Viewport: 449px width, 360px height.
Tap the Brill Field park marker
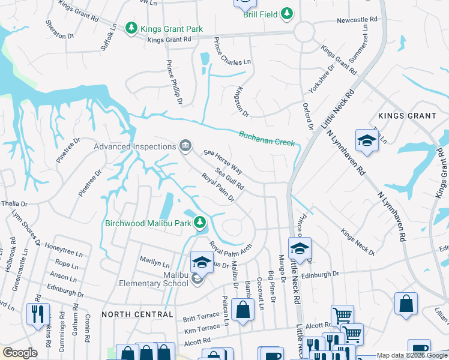click(288, 13)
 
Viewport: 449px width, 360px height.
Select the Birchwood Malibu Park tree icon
click(200, 223)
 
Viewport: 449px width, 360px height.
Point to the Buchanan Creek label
click(267, 139)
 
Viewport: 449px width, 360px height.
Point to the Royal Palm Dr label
click(217, 188)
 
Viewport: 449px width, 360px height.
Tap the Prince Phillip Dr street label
click(173, 82)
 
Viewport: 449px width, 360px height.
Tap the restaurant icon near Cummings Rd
click(38, 314)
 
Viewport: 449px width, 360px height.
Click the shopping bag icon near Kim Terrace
click(243, 310)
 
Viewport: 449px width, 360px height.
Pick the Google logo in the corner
click(20, 353)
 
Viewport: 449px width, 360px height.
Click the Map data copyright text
click(412, 355)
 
